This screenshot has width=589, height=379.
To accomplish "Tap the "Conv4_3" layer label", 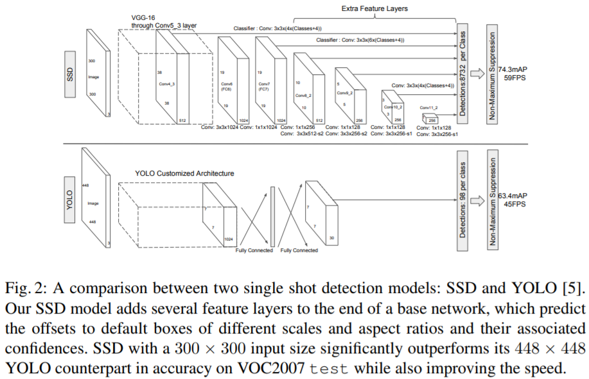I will [x=167, y=83].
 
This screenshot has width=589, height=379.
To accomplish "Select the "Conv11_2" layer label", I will [x=428, y=108].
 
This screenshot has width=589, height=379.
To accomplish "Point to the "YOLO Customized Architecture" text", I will [x=184, y=173].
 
